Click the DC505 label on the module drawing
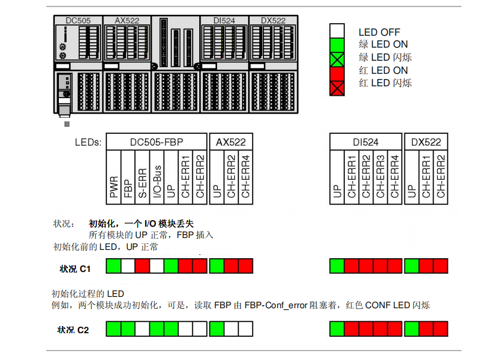[x=78, y=21]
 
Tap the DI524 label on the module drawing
[x=224, y=21]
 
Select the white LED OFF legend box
[x=337, y=31]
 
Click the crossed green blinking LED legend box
[x=337, y=60]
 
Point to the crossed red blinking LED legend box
[x=337, y=88]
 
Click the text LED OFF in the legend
[x=379, y=32]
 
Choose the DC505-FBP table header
[x=156, y=142]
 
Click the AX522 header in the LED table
[x=231, y=142]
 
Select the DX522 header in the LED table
[x=426, y=142]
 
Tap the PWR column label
[x=114, y=187]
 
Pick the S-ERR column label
[x=142, y=183]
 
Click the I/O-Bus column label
[x=157, y=181]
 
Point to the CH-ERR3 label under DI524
[x=380, y=176]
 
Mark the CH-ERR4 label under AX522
[x=246, y=176]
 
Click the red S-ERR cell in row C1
[x=142, y=266]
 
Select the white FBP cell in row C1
[x=128, y=266]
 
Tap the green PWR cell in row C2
[x=114, y=329]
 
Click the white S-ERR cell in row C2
[x=142, y=329]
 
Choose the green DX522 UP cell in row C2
[x=412, y=329]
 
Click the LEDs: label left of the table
[x=88, y=142]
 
